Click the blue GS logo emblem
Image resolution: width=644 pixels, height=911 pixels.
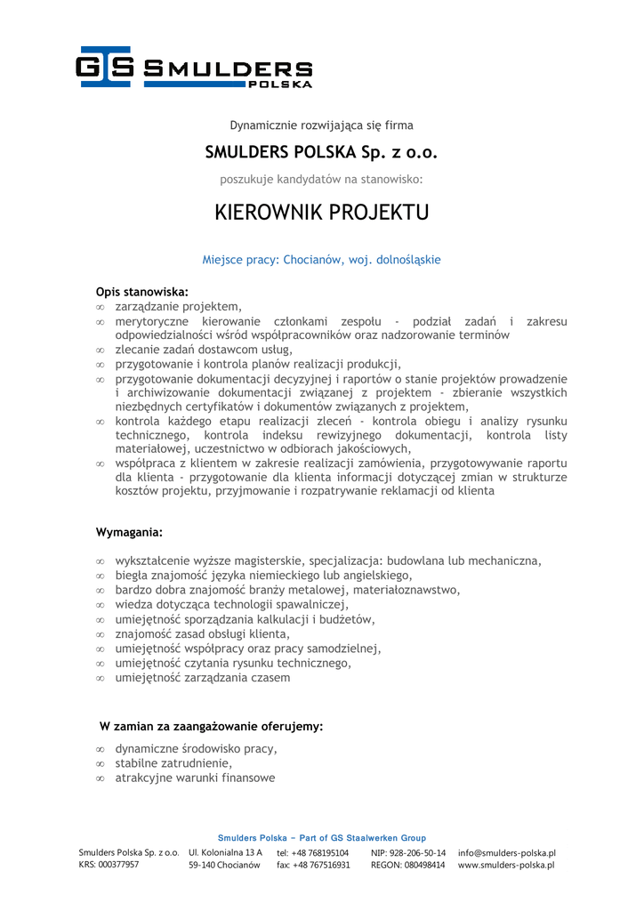pyautogui.click(x=104, y=67)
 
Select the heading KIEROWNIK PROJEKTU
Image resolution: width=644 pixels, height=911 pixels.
pyautogui.click(x=322, y=213)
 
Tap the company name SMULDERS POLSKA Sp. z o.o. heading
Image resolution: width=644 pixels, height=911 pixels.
pyautogui.click(x=322, y=152)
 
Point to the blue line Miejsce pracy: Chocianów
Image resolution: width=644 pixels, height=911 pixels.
pyautogui.click(x=322, y=260)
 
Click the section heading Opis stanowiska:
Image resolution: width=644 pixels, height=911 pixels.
pyautogui.click(x=142, y=291)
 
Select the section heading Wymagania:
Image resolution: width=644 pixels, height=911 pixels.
pyautogui.click(x=130, y=532)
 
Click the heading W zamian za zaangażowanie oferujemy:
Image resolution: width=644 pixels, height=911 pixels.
pyautogui.click(x=211, y=726)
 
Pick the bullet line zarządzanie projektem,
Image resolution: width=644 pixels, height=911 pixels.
pyautogui.click(x=178, y=306)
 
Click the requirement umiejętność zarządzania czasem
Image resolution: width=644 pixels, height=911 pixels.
pyautogui.click(x=202, y=677)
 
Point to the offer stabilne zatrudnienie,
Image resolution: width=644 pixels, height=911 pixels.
pyautogui.click(x=173, y=763)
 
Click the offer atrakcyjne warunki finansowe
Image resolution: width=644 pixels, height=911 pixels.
pyautogui.click(x=195, y=778)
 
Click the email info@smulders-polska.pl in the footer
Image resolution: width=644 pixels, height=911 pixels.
pyautogui.click(x=506, y=852)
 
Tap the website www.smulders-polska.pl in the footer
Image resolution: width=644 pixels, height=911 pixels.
pyautogui.click(x=506, y=865)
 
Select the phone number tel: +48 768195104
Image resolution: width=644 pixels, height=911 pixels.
pyautogui.click(x=312, y=852)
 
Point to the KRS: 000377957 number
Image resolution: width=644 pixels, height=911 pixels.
pyautogui.click(x=109, y=865)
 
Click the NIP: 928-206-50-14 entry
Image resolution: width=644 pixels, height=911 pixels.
pyautogui.click(x=408, y=852)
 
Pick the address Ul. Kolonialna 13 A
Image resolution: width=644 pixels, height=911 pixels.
pyautogui.click(x=225, y=852)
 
